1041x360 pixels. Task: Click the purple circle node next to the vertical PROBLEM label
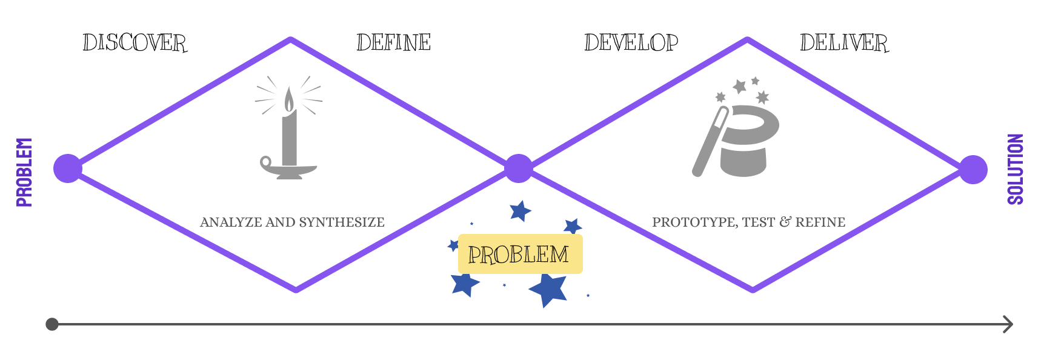67,168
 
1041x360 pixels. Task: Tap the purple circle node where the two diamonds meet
518,168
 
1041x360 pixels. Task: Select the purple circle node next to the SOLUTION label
973,169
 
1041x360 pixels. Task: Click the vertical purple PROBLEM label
24,172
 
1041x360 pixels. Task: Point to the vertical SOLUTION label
1016,169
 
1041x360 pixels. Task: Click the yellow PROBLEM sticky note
520,254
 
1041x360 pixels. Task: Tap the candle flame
289,99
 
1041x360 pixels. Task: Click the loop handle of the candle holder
266,162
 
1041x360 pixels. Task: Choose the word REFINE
820,222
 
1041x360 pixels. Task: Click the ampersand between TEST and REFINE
785,222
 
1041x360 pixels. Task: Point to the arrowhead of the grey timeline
1008,324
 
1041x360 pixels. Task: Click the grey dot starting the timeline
52,324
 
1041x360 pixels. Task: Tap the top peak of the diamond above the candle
291,40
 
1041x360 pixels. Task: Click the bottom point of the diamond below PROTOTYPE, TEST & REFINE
752,290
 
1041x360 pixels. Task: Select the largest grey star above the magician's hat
739,86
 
